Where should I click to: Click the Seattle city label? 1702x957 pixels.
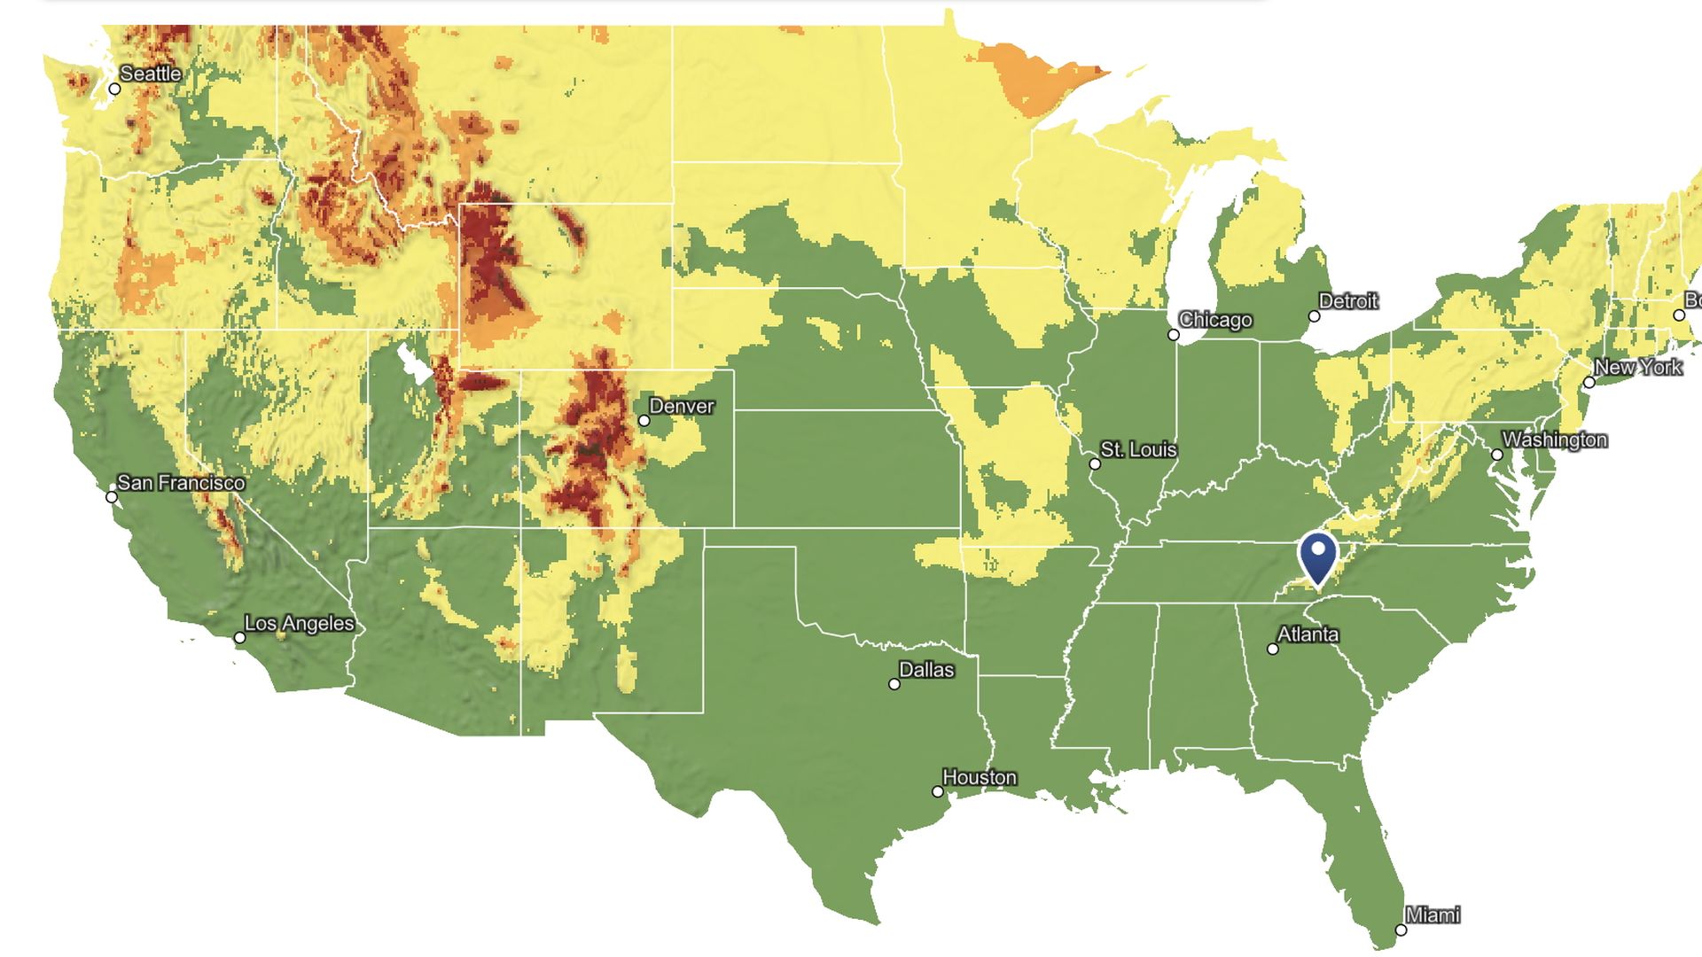pyautogui.click(x=151, y=74)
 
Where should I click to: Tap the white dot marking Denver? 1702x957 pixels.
pyautogui.click(x=644, y=421)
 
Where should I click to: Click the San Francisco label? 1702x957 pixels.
pyautogui.click(x=181, y=483)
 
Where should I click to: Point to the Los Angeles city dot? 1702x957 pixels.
pyautogui.click(x=239, y=638)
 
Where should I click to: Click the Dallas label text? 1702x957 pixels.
pyautogui.click(x=926, y=670)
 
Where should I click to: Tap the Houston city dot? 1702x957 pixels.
pyautogui.click(x=938, y=792)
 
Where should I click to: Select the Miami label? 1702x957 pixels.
pyautogui.click(x=1433, y=914)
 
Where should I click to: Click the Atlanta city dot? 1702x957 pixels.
pyautogui.click(x=1273, y=650)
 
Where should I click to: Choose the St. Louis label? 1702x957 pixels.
pyautogui.click(x=1138, y=450)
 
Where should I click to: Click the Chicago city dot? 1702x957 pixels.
pyautogui.click(x=1174, y=335)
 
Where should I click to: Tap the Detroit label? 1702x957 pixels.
pyautogui.click(x=1348, y=301)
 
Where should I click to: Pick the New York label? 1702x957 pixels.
pyautogui.click(x=1637, y=367)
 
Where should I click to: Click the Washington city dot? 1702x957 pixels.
pyautogui.click(x=1497, y=455)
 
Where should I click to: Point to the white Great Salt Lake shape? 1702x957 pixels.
pyautogui.click(x=413, y=363)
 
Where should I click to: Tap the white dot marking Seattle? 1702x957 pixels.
pyautogui.click(x=114, y=89)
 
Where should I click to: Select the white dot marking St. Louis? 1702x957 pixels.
pyautogui.click(x=1095, y=464)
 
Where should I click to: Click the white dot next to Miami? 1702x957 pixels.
pyautogui.click(x=1401, y=930)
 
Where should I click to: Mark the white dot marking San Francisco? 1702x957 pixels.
pyautogui.click(x=112, y=497)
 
